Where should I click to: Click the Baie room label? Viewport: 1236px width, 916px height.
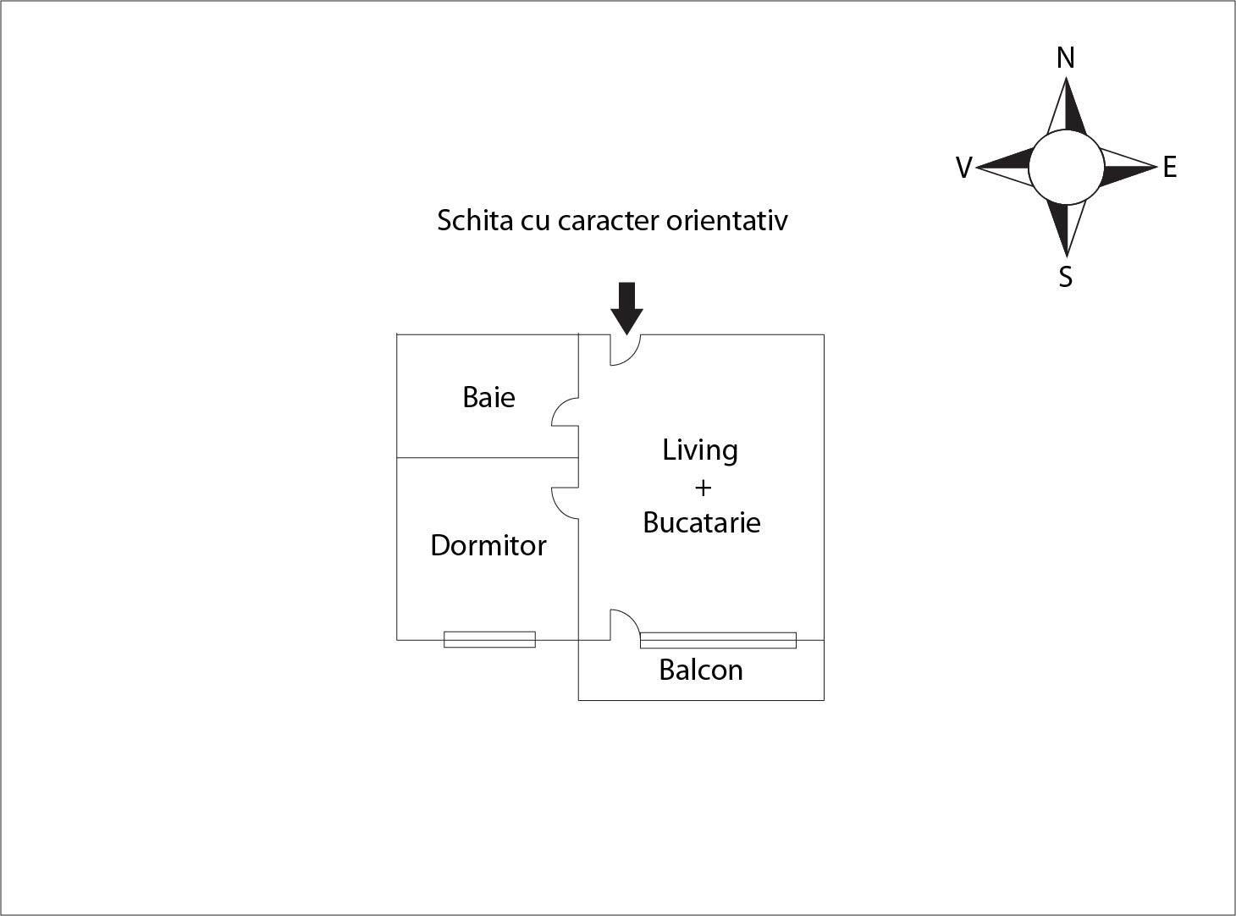click(488, 397)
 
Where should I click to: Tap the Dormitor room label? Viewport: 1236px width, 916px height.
click(488, 545)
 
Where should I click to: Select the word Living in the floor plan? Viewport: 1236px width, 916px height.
click(699, 450)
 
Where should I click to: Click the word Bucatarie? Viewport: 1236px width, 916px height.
click(701, 522)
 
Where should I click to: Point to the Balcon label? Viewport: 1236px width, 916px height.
click(700, 670)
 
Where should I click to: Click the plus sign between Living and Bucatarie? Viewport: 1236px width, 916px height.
click(702, 488)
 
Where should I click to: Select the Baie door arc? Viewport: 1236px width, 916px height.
click(564, 413)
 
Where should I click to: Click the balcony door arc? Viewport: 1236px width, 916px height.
click(626, 623)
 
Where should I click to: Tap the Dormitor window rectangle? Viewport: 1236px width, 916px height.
click(489, 639)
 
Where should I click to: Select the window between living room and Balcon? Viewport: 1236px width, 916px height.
click(718, 640)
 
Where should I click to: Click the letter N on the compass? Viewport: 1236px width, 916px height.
click(1065, 58)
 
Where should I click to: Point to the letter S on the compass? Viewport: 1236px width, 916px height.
click(1066, 277)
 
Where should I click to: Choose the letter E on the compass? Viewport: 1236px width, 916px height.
click(1169, 168)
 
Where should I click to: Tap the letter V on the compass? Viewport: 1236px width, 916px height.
click(963, 168)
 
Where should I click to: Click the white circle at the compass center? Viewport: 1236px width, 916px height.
click(1066, 168)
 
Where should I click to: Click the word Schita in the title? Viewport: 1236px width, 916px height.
click(463, 220)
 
